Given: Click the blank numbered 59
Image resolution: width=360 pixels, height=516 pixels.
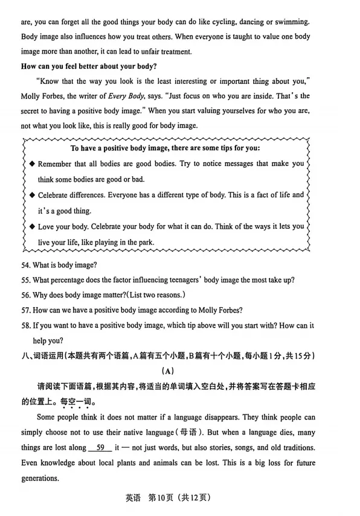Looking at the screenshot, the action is (101, 448).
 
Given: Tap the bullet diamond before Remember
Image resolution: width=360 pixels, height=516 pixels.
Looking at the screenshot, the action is (32, 164).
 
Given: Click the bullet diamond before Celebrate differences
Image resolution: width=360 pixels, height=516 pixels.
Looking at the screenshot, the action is (32, 195).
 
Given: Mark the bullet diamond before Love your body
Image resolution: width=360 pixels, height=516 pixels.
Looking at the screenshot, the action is (32, 226).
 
